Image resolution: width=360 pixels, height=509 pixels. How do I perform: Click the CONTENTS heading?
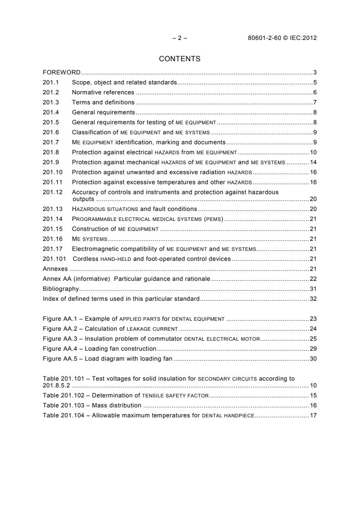point(180,59)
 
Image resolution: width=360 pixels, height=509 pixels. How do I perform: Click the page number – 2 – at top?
point(180,38)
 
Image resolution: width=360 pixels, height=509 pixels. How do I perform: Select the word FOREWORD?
point(62,73)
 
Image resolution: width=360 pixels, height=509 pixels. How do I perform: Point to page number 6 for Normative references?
point(315,93)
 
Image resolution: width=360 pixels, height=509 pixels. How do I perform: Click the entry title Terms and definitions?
point(103,103)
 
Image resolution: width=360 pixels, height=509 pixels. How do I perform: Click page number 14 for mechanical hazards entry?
point(313,162)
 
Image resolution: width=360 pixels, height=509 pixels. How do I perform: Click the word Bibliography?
point(61,289)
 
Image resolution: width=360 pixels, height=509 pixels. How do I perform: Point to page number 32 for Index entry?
point(313,299)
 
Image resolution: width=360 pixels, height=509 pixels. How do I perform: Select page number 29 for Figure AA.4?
point(313,349)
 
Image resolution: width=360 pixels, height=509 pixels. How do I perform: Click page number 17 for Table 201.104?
point(313,416)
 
